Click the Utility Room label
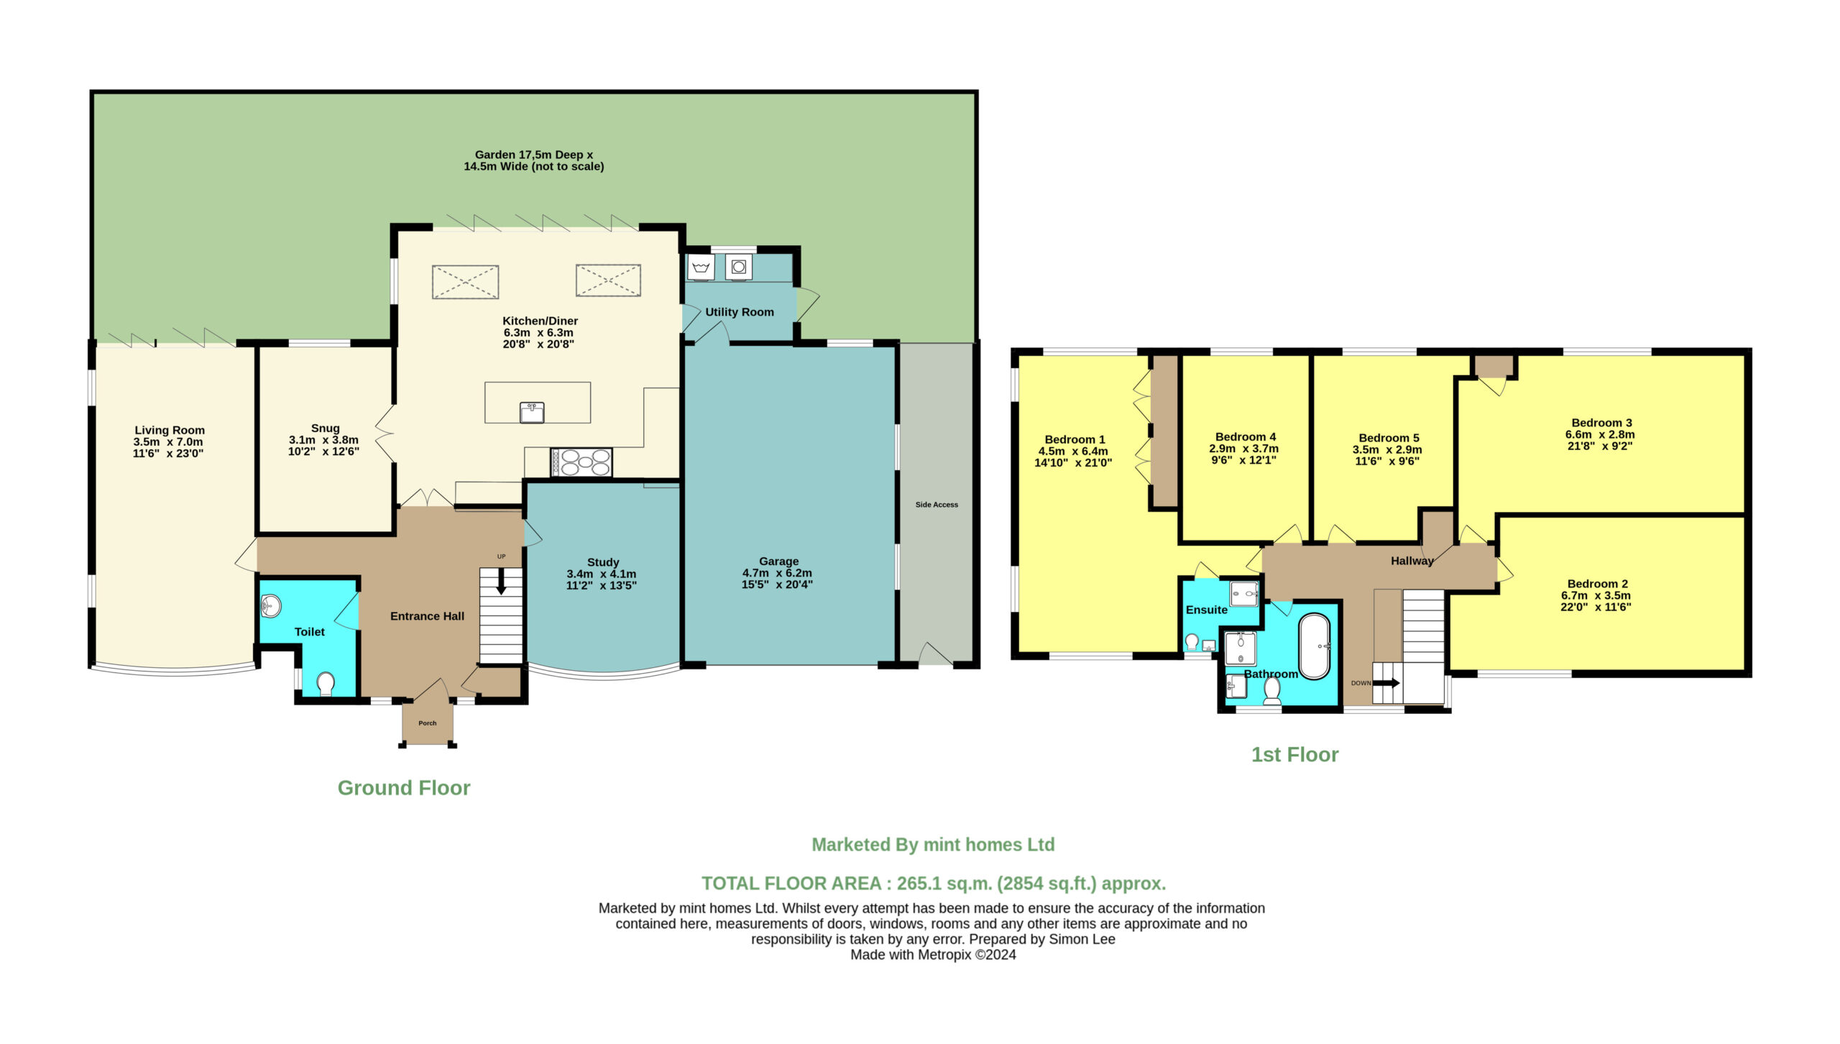739,312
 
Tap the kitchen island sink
532,412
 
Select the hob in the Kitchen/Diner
581,462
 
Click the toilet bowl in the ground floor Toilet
326,684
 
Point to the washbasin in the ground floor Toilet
270,605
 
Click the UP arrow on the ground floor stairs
501,581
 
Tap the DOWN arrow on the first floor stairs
1386,683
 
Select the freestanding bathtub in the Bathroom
1315,646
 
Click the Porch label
428,723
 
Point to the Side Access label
937,505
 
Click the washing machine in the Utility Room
738,267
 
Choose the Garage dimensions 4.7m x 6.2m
777,573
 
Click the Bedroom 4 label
1246,436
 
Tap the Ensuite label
1207,610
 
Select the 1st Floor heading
1294,754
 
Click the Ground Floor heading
404,788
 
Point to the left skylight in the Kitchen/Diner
465,281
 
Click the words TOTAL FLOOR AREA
791,884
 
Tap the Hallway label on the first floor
1412,561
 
